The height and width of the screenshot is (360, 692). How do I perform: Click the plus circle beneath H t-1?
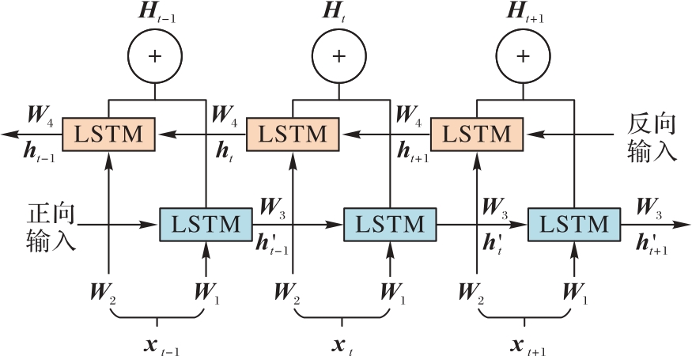[155, 57]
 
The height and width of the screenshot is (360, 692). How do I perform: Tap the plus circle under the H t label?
[338, 57]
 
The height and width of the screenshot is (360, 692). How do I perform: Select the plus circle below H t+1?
[523, 57]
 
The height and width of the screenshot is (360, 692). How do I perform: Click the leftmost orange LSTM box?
[108, 135]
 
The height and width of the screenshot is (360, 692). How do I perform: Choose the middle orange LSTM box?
[293, 135]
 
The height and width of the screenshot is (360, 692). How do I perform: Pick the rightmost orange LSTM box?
[476, 135]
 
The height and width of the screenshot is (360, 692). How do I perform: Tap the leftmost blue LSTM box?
[206, 225]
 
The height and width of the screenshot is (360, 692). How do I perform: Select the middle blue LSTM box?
[391, 225]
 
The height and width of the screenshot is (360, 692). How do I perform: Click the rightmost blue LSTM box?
[574, 225]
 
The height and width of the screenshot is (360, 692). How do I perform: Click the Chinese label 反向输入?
[652, 136]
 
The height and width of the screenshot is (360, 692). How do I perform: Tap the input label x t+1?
[527, 346]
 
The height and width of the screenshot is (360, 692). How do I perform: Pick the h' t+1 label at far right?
[652, 243]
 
